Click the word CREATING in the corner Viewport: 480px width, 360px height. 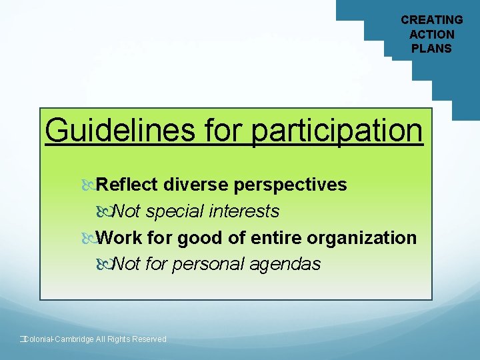pyautogui.click(x=431, y=20)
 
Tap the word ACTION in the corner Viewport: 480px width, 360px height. pyautogui.click(x=431, y=34)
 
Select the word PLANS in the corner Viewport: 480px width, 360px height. pyautogui.click(x=431, y=48)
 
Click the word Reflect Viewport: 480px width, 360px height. pyautogui.click(x=127, y=185)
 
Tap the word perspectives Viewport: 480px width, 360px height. pyautogui.click(x=289, y=185)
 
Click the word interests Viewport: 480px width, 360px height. pyautogui.click(x=244, y=211)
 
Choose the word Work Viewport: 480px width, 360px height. pyautogui.click(x=119, y=238)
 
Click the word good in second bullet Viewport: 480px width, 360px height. pyautogui.click(x=200, y=238)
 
